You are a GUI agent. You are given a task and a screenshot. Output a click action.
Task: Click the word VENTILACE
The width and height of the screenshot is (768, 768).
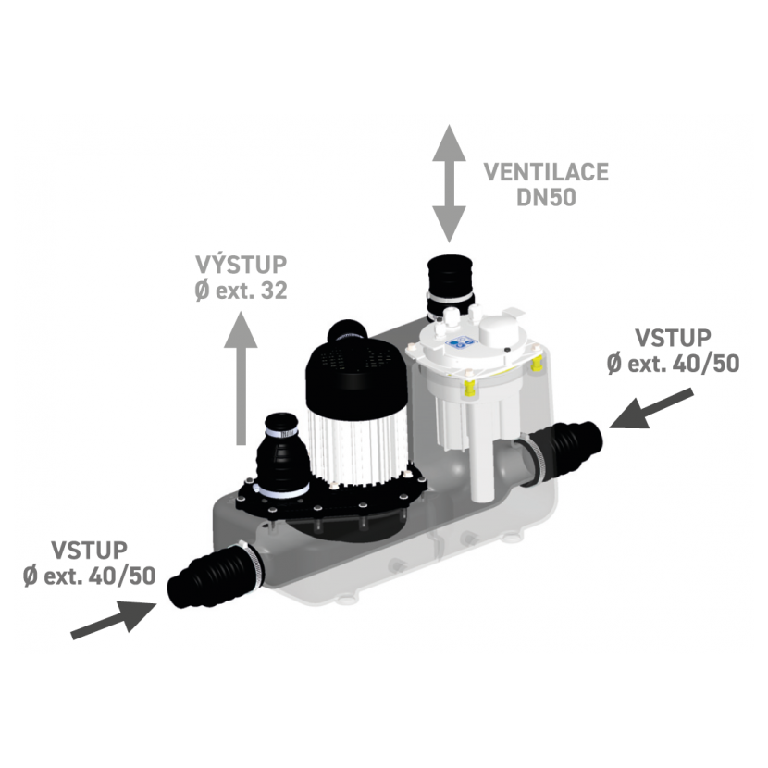[546, 172]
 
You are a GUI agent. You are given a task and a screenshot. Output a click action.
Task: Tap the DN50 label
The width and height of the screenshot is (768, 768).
[546, 197]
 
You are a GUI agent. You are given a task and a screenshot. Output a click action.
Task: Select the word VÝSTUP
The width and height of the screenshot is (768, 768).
[241, 265]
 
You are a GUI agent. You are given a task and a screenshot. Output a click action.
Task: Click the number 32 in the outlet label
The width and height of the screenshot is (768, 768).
[274, 291]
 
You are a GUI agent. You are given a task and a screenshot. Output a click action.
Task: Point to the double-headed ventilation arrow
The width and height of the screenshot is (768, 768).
[449, 184]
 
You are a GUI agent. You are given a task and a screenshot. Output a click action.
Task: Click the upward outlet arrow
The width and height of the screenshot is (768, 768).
[241, 379]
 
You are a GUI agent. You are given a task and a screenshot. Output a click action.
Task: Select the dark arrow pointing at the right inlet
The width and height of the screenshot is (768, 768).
[651, 409]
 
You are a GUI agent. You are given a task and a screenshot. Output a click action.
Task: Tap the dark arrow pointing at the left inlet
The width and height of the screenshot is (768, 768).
[114, 620]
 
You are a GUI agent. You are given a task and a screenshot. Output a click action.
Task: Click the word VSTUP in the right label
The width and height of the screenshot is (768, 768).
[673, 338]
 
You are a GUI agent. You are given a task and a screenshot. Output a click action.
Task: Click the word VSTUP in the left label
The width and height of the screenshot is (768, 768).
[89, 550]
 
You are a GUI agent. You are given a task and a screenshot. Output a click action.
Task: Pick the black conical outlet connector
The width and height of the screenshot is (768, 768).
[282, 454]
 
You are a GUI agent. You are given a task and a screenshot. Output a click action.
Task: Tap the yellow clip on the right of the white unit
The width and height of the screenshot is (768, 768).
[537, 364]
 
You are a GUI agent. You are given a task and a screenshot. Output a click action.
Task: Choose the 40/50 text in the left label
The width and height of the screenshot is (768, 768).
[122, 576]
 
